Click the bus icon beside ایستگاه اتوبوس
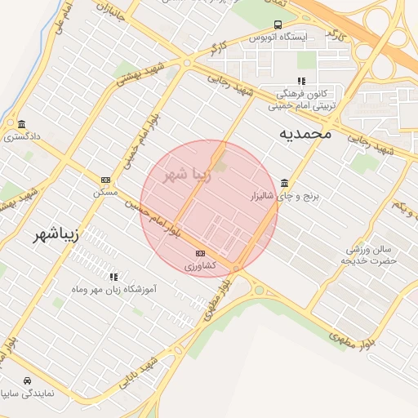tap(278, 25)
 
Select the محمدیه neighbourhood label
tap(305, 132)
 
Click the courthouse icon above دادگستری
tap(21, 124)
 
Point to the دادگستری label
tap(20, 137)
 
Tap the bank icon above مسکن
tap(105, 180)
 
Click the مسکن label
tap(105, 193)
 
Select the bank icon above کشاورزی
tap(200, 253)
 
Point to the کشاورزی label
tap(200, 266)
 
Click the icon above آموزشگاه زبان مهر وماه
tap(113, 277)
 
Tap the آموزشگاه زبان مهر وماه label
tap(114, 289)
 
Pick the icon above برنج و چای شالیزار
tap(284, 183)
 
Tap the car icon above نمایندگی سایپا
tap(28, 381)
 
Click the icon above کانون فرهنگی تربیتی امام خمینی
tap(301, 81)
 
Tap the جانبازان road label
tap(109, 16)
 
